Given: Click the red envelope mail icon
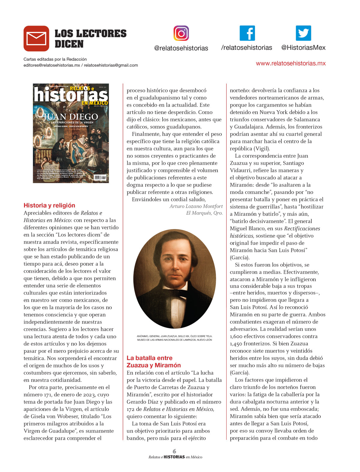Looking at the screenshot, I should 36,38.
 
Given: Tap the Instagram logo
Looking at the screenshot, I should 181,33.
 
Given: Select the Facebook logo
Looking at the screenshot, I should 247,33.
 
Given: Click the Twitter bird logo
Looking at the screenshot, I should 303,33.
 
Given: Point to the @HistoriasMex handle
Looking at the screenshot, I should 303,47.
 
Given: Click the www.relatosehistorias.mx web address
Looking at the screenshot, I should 291,63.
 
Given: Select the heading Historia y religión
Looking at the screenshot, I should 49,205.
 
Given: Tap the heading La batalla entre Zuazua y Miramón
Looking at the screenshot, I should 154,362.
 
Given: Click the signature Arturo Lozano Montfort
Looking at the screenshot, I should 196,206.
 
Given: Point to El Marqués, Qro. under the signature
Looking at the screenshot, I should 204,213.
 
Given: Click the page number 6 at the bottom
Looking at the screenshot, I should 174,451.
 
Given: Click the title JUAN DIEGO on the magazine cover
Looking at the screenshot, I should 71,116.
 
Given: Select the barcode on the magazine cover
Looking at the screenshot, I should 100,177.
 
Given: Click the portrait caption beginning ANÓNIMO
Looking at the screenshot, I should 175,338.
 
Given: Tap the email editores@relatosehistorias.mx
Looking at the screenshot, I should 52,65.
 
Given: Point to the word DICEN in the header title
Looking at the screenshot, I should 69,44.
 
